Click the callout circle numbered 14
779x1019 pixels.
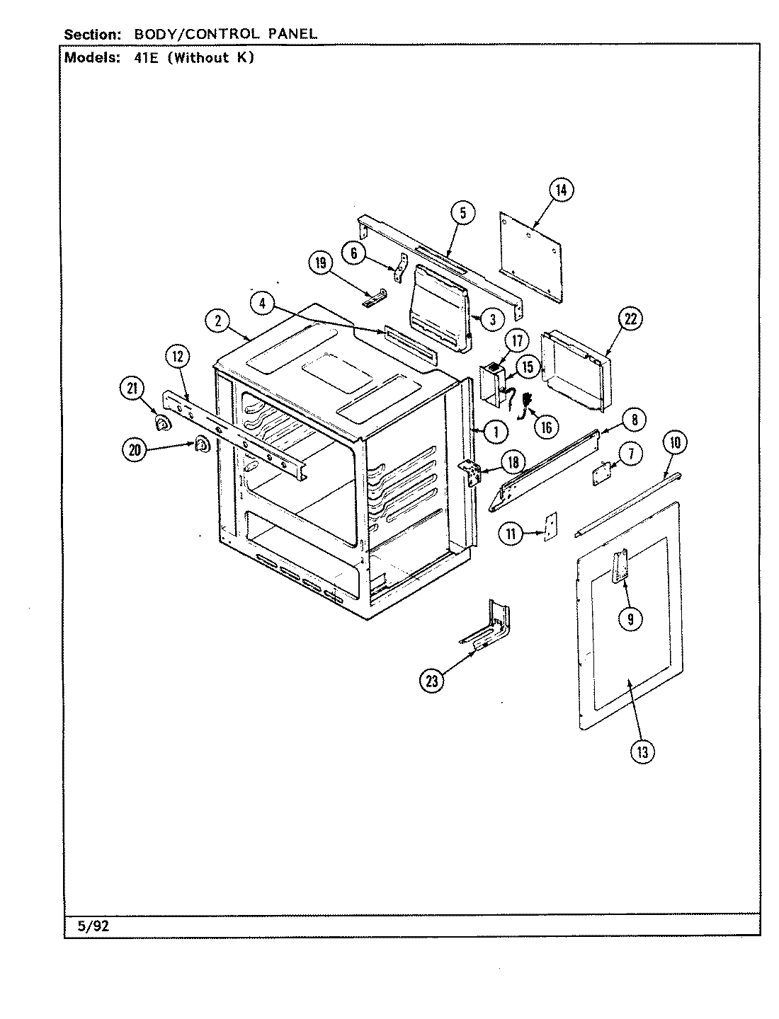click(561, 190)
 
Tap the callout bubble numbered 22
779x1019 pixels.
click(630, 319)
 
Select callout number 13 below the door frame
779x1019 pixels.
click(642, 752)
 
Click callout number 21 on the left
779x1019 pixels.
click(131, 388)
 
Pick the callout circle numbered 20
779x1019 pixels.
click(133, 450)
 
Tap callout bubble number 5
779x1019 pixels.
click(462, 213)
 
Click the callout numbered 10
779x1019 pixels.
click(674, 444)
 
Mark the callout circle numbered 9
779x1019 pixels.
click(630, 619)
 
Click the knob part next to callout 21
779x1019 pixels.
click(164, 424)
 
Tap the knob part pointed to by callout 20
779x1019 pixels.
click(200, 444)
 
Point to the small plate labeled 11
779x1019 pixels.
click(550, 527)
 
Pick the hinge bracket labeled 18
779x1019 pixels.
click(470, 472)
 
